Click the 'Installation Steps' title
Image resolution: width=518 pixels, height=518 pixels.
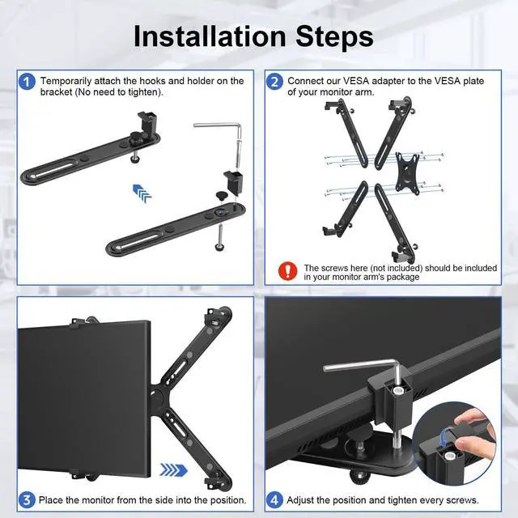253,36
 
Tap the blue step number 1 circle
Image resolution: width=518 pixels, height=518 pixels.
28,82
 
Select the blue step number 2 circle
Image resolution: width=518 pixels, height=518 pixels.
275,82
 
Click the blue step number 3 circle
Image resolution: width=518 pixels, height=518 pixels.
28,499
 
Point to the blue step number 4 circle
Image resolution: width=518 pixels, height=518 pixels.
275,499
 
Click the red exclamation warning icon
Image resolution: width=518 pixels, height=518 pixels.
287,270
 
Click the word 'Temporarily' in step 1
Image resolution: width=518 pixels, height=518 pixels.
67,81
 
